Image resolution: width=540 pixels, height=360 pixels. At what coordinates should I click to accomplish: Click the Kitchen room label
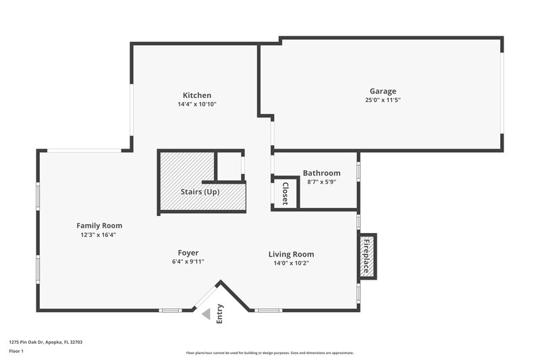click(197, 95)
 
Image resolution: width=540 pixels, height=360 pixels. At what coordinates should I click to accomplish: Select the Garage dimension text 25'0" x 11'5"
click(383, 100)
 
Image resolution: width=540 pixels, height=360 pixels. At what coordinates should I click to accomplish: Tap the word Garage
click(383, 91)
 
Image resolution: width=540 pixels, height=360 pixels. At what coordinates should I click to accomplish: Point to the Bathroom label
click(321, 173)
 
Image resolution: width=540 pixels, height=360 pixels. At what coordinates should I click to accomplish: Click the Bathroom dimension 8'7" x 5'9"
click(321, 182)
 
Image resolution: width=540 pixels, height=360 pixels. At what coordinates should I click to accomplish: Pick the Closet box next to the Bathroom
click(284, 193)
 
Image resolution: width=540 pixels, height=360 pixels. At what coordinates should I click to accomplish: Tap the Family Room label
click(99, 226)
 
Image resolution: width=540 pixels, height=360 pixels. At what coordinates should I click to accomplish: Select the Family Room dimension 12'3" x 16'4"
click(99, 234)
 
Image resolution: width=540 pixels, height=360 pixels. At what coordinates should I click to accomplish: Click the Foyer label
click(188, 253)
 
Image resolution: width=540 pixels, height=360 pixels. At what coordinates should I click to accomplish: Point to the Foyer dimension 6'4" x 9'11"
click(188, 261)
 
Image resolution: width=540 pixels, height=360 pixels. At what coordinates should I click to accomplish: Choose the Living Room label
click(291, 254)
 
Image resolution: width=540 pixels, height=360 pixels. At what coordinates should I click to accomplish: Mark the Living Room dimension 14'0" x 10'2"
click(291, 263)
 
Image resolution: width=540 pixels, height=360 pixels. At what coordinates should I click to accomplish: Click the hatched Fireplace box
click(367, 256)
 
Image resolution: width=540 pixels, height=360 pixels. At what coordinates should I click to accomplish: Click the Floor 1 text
click(16, 351)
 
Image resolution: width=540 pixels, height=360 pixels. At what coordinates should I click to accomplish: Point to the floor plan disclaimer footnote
click(269, 353)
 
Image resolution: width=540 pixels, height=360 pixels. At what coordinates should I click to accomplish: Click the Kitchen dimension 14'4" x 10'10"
click(197, 104)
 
